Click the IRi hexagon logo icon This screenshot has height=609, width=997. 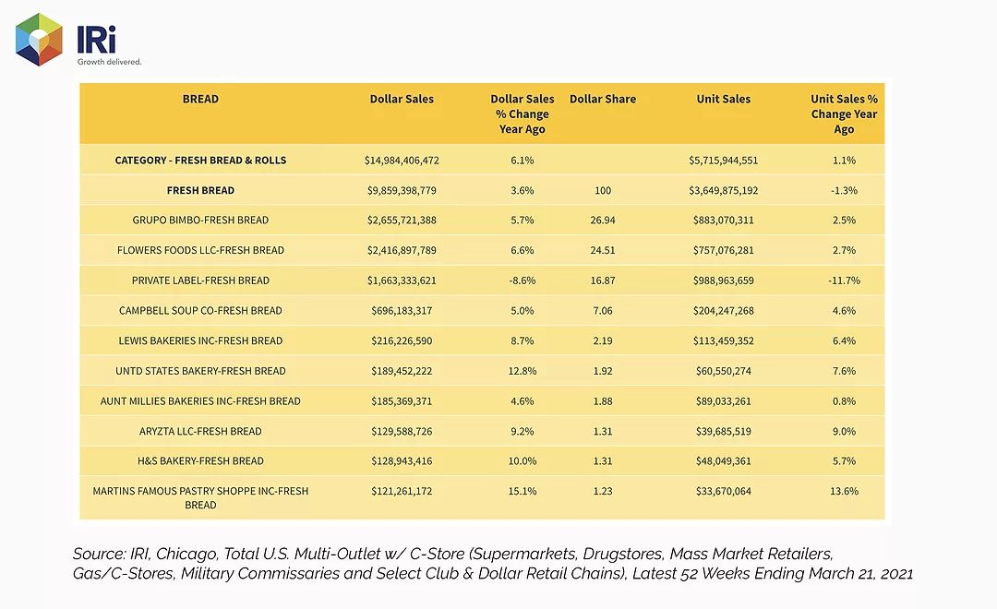click(x=39, y=40)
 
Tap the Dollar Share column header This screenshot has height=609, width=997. click(x=603, y=99)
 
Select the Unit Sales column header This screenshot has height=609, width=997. click(x=724, y=99)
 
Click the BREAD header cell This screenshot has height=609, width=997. click(x=200, y=99)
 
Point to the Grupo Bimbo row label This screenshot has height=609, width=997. click(x=200, y=220)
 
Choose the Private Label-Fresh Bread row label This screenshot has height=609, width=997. click(x=200, y=281)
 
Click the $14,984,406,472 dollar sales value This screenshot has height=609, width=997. click(x=402, y=161)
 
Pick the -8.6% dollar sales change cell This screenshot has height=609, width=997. click(x=522, y=281)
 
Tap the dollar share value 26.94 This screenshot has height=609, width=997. click(x=603, y=220)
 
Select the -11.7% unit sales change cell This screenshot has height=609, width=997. click(x=844, y=281)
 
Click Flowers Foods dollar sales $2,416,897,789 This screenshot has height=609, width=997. click(x=402, y=250)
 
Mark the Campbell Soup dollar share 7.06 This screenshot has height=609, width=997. click(x=603, y=311)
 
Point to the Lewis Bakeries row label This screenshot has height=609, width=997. click(x=200, y=340)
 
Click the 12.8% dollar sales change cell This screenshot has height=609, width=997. click(x=522, y=371)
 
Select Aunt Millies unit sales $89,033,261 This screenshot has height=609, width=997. click(x=724, y=401)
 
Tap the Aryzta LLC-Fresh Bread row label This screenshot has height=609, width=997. click(x=200, y=431)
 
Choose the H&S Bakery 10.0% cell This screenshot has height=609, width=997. click(x=522, y=460)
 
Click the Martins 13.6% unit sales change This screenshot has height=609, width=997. click(x=844, y=492)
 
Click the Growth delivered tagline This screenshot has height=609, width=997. click(x=109, y=62)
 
